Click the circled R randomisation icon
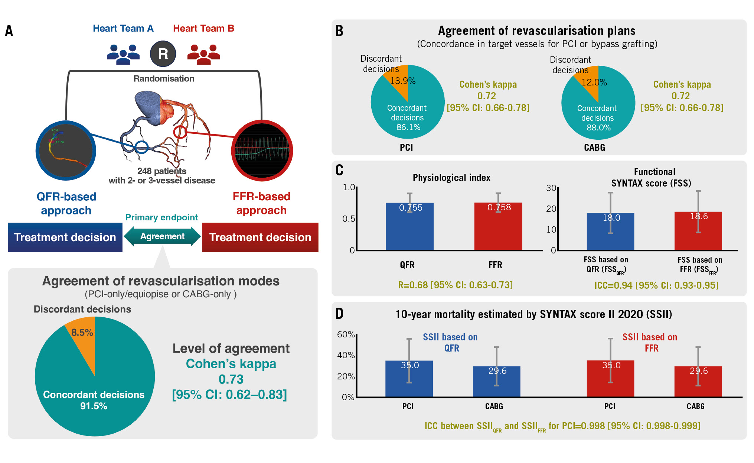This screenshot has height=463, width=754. (x=163, y=54)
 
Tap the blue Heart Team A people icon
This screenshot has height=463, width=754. (x=123, y=54)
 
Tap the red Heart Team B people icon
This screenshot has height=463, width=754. (x=203, y=54)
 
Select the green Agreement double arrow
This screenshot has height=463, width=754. (x=162, y=237)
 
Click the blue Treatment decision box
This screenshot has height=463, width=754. (x=65, y=237)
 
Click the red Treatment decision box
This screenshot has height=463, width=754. (x=260, y=237)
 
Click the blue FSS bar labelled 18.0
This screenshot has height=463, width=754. (x=610, y=234)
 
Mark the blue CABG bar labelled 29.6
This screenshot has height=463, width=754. (x=496, y=383)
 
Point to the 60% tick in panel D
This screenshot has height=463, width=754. (x=346, y=334)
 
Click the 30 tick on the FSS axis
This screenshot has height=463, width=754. (x=551, y=188)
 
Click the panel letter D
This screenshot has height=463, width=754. (x=339, y=314)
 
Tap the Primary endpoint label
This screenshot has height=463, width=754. (x=161, y=217)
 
